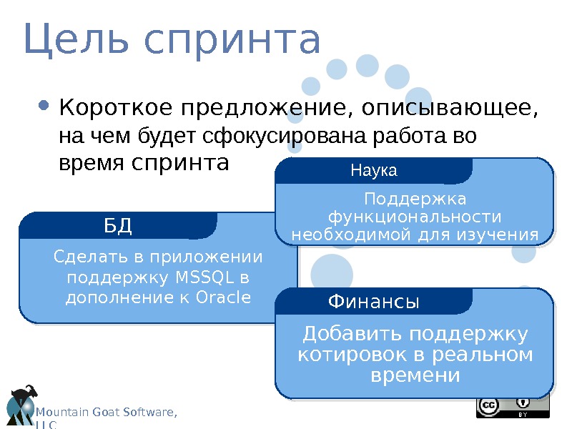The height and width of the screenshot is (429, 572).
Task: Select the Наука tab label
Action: pyautogui.click(x=373, y=172)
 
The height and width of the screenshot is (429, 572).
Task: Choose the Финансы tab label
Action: pyautogui.click(x=373, y=302)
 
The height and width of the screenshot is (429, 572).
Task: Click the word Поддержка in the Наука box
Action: pyautogui.click(x=415, y=198)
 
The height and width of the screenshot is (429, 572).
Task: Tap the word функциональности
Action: pyautogui.click(x=414, y=217)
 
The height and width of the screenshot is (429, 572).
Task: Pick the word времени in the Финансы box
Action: pyautogui.click(x=415, y=375)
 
